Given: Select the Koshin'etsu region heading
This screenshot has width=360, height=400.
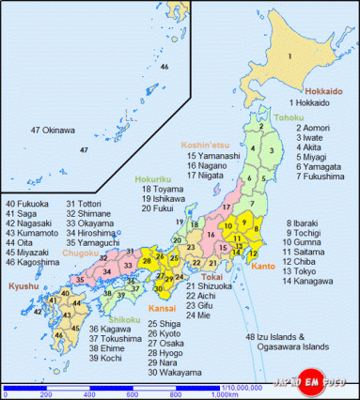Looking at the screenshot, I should (x=204, y=146).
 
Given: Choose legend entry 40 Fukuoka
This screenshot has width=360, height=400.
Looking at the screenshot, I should (x=25, y=204).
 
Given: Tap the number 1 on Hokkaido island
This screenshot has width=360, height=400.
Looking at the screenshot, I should (x=290, y=58).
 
